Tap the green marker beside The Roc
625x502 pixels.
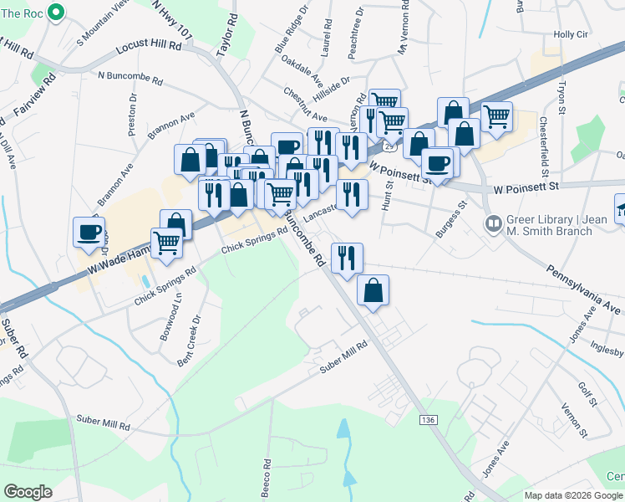(57, 12)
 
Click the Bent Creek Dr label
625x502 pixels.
(190, 340)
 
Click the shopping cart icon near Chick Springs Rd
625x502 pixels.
(166, 243)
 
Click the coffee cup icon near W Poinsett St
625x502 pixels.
(436, 162)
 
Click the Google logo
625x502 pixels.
(28, 491)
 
